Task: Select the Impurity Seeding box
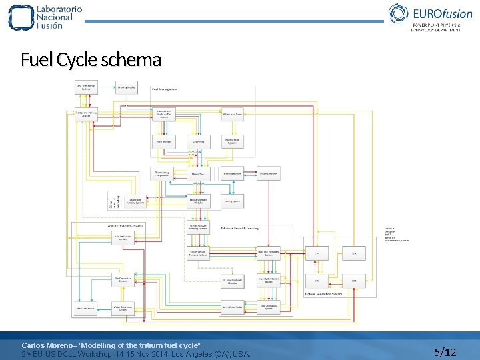[x=127, y=87]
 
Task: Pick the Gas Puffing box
[x=199, y=141]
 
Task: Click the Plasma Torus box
[x=199, y=175]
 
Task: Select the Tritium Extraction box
[x=268, y=174]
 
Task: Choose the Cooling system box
[x=233, y=200]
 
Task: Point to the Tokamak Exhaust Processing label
[x=241, y=228]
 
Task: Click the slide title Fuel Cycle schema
[x=91, y=60]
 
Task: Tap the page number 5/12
[x=445, y=351]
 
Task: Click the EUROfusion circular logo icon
[x=399, y=14]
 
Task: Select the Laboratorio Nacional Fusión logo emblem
[x=19, y=17]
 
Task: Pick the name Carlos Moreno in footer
[x=47, y=345]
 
